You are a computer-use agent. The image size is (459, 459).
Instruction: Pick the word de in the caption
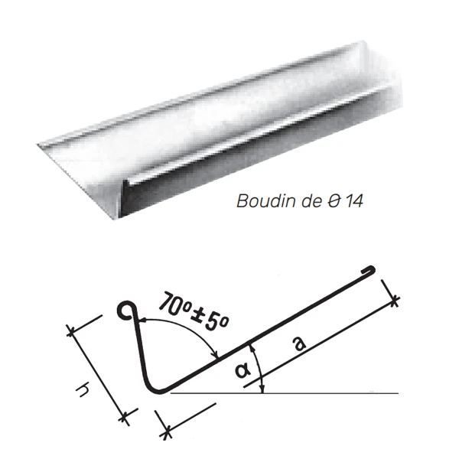tap(306, 203)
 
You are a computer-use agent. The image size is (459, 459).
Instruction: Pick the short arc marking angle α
tap(260, 367)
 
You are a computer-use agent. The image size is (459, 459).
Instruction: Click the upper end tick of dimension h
tap(70, 330)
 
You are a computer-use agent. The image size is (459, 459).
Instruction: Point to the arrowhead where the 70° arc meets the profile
tap(217, 354)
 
